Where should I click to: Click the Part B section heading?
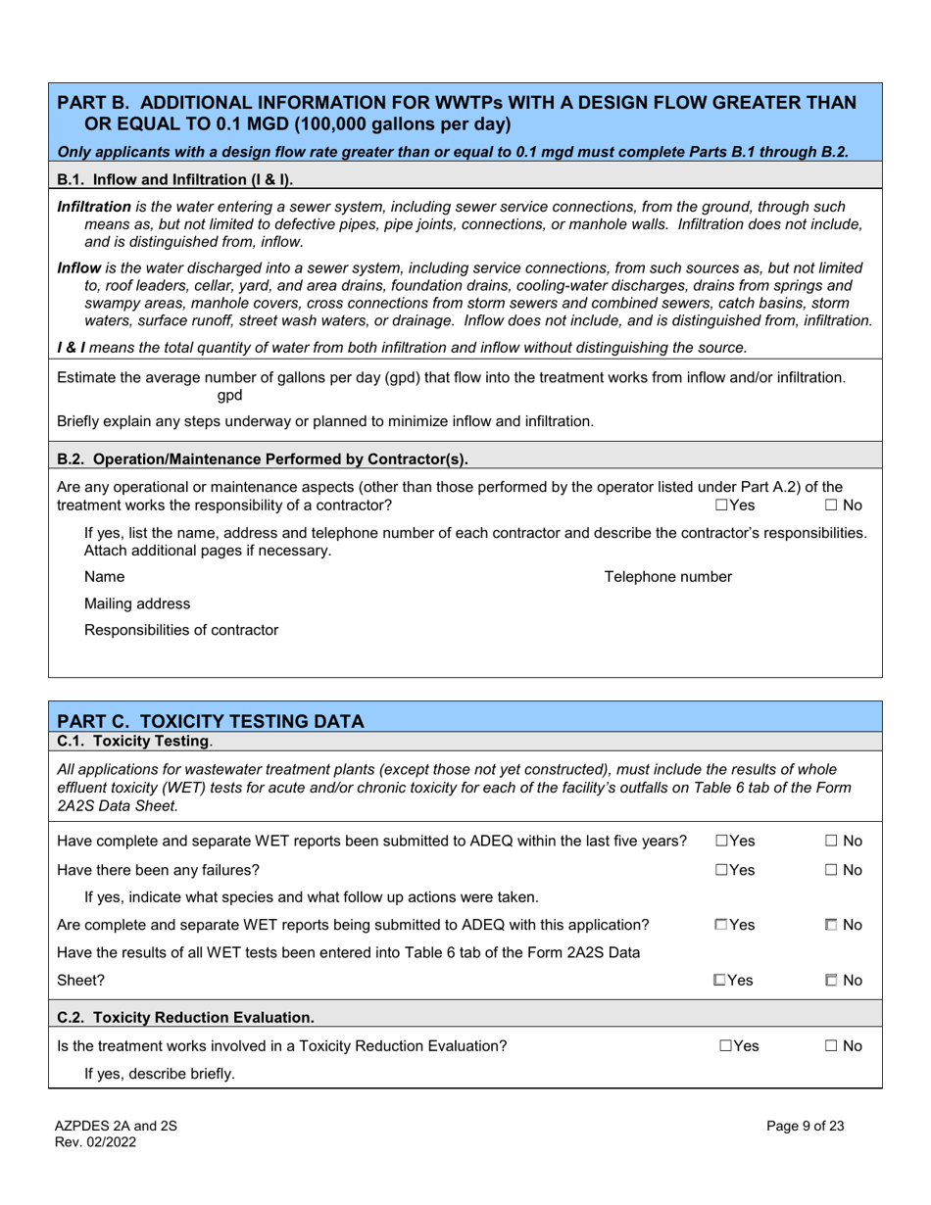pyautogui.click(x=457, y=113)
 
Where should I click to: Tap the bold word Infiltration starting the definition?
pyautogui.click(x=94, y=207)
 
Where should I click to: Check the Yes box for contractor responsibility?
pyautogui.click(x=721, y=505)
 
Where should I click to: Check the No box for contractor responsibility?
pyautogui.click(x=831, y=505)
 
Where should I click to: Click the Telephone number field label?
pyautogui.click(x=667, y=577)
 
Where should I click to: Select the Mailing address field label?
pyautogui.click(x=137, y=603)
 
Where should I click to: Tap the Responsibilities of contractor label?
pyautogui.click(x=181, y=630)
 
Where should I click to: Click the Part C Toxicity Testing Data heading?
pyautogui.click(x=211, y=721)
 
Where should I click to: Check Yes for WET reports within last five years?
pyautogui.click(x=721, y=842)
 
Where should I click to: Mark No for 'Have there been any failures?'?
pyautogui.click(x=831, y=869)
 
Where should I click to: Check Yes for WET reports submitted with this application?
pyautogui.click(x=721, y=924)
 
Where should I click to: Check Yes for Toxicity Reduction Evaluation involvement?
pyautogui.click(x=725, y=1046)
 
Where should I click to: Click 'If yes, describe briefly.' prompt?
pyautogui.click(x=160, y=1074)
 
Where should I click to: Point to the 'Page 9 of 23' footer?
pyautogui.click(x=805, y=1127)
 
